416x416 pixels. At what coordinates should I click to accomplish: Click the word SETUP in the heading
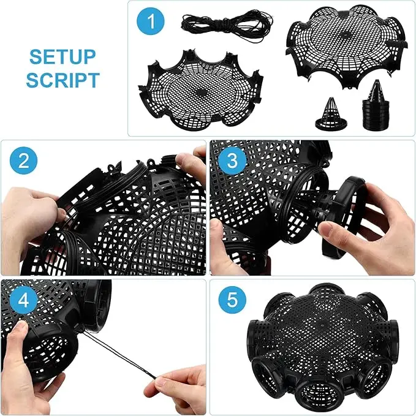pos(63,57)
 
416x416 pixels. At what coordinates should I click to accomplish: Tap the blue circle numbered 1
pos(153,24)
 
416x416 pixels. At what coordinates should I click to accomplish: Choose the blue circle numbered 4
pos(24,302)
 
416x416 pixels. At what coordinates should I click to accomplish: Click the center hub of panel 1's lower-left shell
pos(201,92)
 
